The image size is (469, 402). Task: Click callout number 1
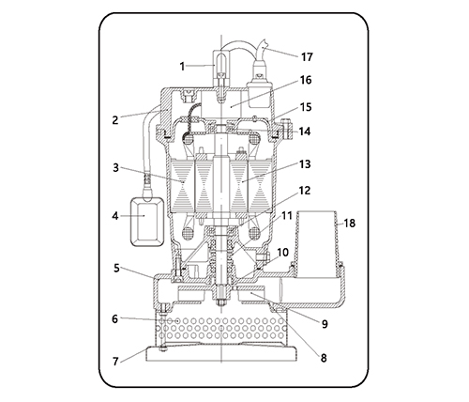pyautogui.click(x=182, y=67)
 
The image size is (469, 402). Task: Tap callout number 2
pyautogui.click(x=115, y=120)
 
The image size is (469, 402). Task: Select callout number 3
pyautogui.click(x=116, y=167)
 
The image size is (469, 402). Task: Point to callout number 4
pyautogui.click(x=115, y=216)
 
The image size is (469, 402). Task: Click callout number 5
pyautogui.click(x=116, y=268)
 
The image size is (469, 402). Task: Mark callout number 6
pyautogui.click(x=115, y=318)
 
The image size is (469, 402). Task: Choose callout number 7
pyautogui.click(x=115, y=362)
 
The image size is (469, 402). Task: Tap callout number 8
pyautogui.click(x=324, y=358)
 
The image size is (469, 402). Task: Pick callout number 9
pyautogui.click(x=325, y=324)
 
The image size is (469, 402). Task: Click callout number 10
pyautogui.click(x=282, y=253)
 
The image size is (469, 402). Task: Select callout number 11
pyautogui.click(x=287, y=216)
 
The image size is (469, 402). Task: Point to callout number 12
pyautogui.click(x=305, y=191)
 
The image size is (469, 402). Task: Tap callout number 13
pyautogui.click(x=305, y=164)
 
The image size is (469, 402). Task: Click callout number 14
pyautogui.click(x=305, y=131)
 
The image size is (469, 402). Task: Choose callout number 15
pyautogui.click(x=306, y=107)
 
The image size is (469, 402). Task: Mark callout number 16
pyautogui.click(x=306, y=80)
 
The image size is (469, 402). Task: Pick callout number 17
pyautogui.click(x=307, y=57)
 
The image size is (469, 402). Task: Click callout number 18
pyautogui.click(x=350, y=224)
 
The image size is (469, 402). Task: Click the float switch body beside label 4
pyautogui.click(x=147, y=222)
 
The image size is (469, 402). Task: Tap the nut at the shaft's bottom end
pyautogui.click(x=221, y=302)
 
